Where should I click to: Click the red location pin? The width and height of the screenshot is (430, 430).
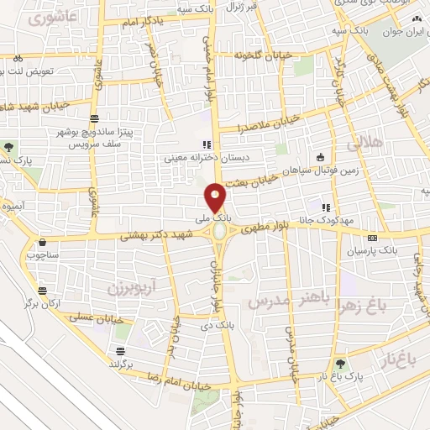tap(216, 197)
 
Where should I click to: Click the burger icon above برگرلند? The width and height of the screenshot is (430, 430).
tap(121, 351)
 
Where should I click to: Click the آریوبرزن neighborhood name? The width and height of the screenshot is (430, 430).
tap(131, 288)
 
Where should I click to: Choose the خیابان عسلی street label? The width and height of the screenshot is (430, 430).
tap(99, 320)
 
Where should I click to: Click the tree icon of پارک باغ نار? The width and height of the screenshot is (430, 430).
tap(340, 364)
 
